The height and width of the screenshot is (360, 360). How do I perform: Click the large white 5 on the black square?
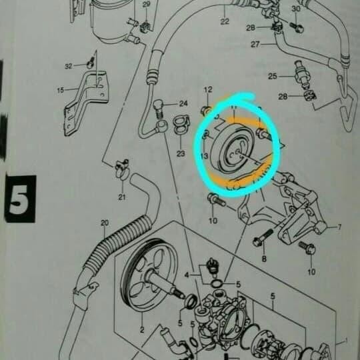point(19,198)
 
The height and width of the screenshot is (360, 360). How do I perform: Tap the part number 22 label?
point(224,22)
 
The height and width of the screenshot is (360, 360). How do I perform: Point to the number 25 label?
point(273,77)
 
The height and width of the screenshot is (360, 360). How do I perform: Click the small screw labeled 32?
point(87,63)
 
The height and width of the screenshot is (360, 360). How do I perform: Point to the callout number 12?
point(207,90)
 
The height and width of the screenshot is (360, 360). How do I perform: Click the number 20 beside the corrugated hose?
point(104,222)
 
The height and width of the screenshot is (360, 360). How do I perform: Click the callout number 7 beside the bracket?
point(339,227)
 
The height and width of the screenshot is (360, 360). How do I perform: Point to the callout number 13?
point(204,157)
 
